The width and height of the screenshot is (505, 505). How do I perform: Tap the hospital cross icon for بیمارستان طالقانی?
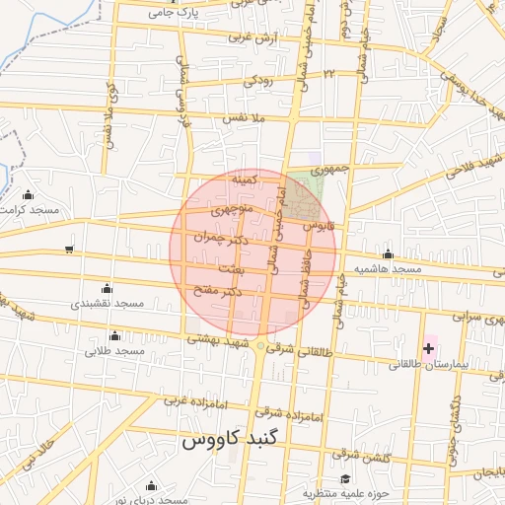coord(428,347)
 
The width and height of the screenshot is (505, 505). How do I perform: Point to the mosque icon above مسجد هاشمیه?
coord(388,253)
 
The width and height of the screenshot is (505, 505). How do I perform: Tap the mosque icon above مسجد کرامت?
coord(28,194)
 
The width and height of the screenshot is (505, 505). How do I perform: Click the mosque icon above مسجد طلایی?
coord(115,335)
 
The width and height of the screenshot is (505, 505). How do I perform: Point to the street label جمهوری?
coord(326,169)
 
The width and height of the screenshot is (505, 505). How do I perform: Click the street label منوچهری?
coord(237,210)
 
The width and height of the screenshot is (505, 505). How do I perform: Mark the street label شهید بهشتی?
coord(219,338)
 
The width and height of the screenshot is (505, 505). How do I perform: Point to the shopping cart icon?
coord(68,249)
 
